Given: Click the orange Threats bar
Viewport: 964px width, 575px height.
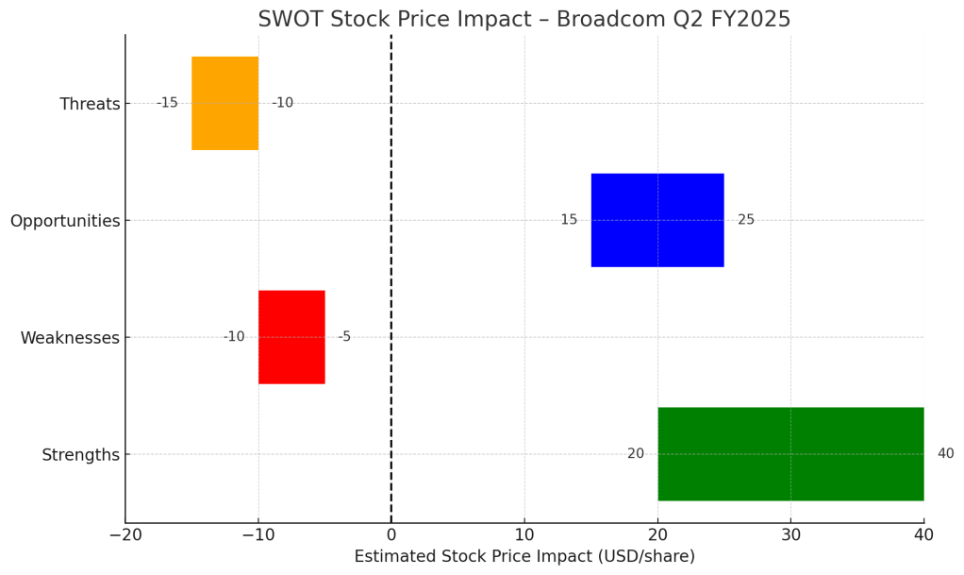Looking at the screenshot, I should click(224, 103).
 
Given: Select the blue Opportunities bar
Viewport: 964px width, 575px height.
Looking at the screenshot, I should click(657, 220).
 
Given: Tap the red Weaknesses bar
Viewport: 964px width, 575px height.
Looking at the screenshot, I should click(291, 337).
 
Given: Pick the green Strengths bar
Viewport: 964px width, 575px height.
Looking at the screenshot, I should click(789, 454).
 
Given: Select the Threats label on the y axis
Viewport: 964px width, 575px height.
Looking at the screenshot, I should click(90, 104).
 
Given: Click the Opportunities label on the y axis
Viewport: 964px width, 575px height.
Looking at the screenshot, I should click(65, 221).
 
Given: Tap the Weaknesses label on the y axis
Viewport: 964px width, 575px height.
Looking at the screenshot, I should click(70, 338).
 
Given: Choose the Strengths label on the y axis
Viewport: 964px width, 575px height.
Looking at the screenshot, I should click(80, 455).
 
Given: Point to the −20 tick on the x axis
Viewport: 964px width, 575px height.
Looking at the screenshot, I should click(125, 535).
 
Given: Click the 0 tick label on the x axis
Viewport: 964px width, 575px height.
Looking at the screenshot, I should click(391, 535).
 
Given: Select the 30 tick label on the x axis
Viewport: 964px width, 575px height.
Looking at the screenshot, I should click(790, 535).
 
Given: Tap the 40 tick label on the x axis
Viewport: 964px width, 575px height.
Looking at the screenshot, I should click(923, 535).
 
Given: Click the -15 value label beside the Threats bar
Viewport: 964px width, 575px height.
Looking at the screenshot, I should click(167, 103).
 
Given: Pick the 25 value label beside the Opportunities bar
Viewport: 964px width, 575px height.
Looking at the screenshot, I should click(746, 220).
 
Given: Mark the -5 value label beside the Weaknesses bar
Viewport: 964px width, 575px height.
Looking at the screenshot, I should click(344, 337).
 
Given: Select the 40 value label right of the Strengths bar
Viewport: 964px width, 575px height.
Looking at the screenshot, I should click(945, 454).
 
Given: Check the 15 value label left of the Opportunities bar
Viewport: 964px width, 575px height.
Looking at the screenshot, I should click(569, 220).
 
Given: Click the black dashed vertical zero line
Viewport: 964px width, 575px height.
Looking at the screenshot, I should click(391, 283).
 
